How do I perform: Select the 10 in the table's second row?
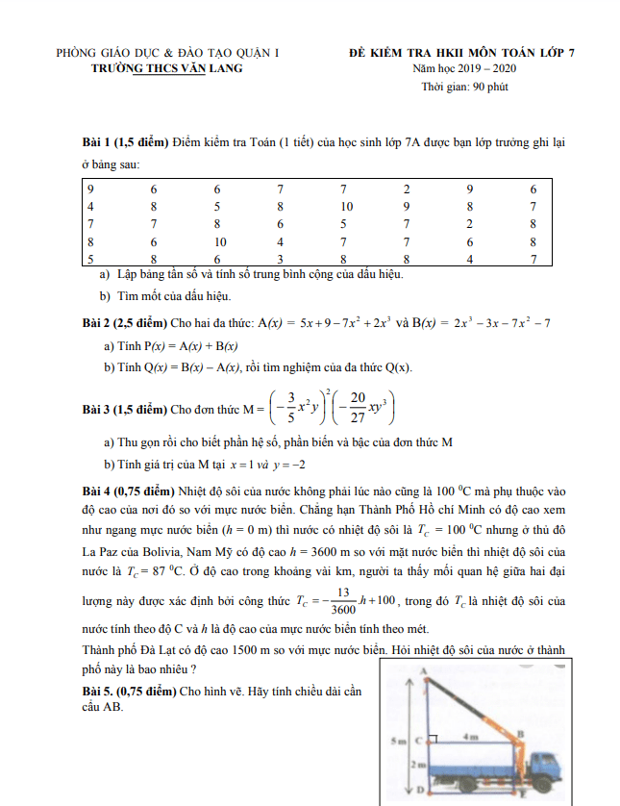pos(346,207)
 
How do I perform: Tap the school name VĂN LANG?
pos(210,69)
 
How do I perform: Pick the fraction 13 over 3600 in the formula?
pos(342,600)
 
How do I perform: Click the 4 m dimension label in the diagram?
pos(471,736)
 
